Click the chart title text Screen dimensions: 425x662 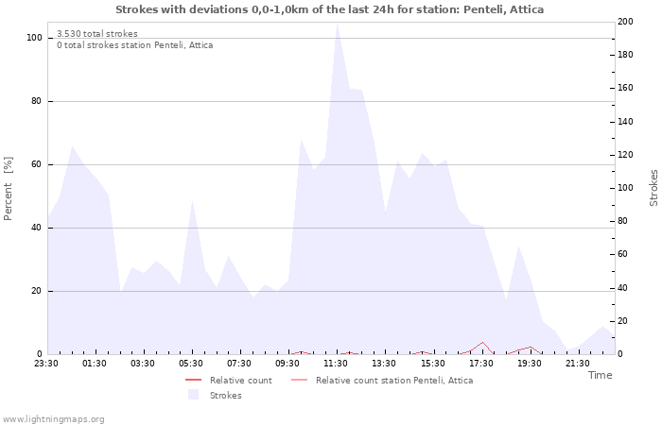330,8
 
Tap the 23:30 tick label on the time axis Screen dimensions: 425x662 46,363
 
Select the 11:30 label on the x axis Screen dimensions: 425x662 336,363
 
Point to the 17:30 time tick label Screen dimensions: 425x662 481,363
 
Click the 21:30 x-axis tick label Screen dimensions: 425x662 578,363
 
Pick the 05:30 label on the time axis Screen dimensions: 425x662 192,363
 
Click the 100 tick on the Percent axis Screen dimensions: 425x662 34,38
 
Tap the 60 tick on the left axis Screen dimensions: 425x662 36,164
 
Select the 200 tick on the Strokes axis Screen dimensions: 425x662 625,22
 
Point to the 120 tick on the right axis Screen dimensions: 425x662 625,155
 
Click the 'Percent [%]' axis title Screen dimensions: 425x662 9,188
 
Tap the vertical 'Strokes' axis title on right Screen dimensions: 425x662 653,188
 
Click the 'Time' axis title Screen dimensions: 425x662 600,376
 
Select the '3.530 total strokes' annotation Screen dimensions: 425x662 97,34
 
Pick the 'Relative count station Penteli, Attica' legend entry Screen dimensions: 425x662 393,381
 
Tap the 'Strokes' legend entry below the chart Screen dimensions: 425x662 225,396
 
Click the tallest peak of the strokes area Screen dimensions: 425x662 337,25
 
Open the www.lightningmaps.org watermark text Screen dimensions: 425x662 53,418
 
